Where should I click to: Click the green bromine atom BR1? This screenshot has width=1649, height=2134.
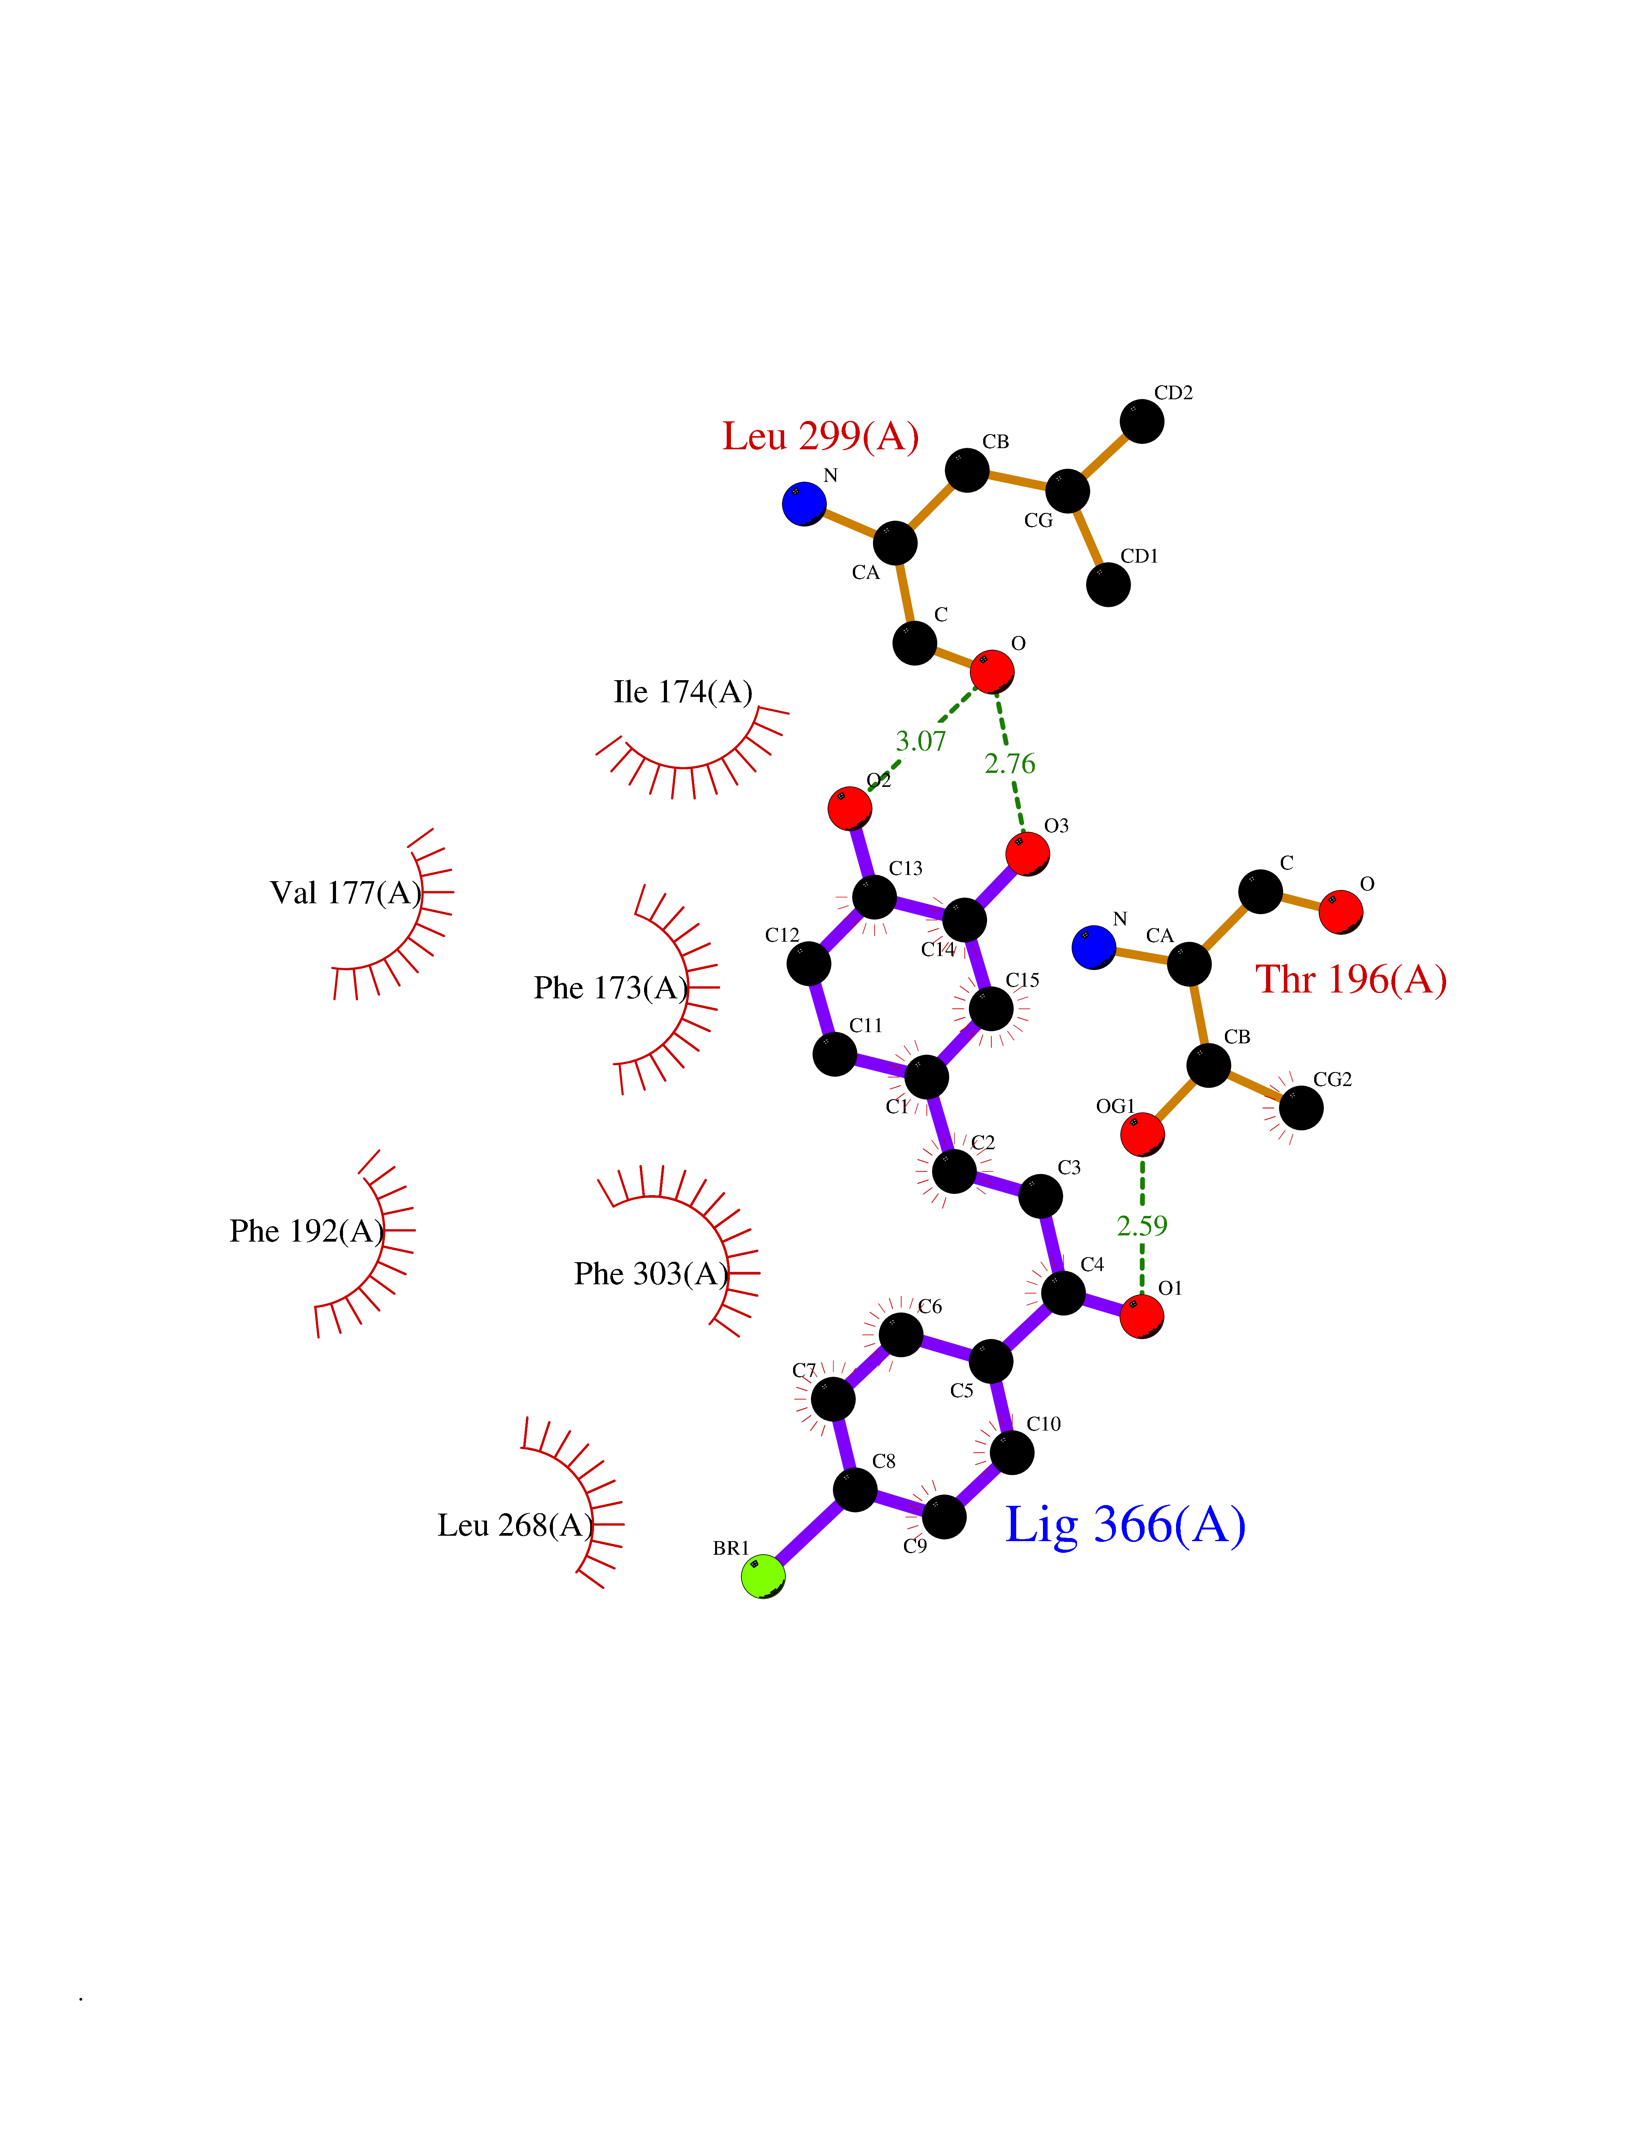tap(763, 1576)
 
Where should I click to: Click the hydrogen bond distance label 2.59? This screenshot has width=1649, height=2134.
tap(1142, 1225)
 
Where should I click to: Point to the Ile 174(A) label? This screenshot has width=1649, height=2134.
tap(683, 692)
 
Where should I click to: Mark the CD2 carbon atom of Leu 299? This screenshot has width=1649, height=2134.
tap(1142, 421)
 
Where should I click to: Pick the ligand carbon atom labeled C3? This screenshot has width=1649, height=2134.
tap(1040, 1196)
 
